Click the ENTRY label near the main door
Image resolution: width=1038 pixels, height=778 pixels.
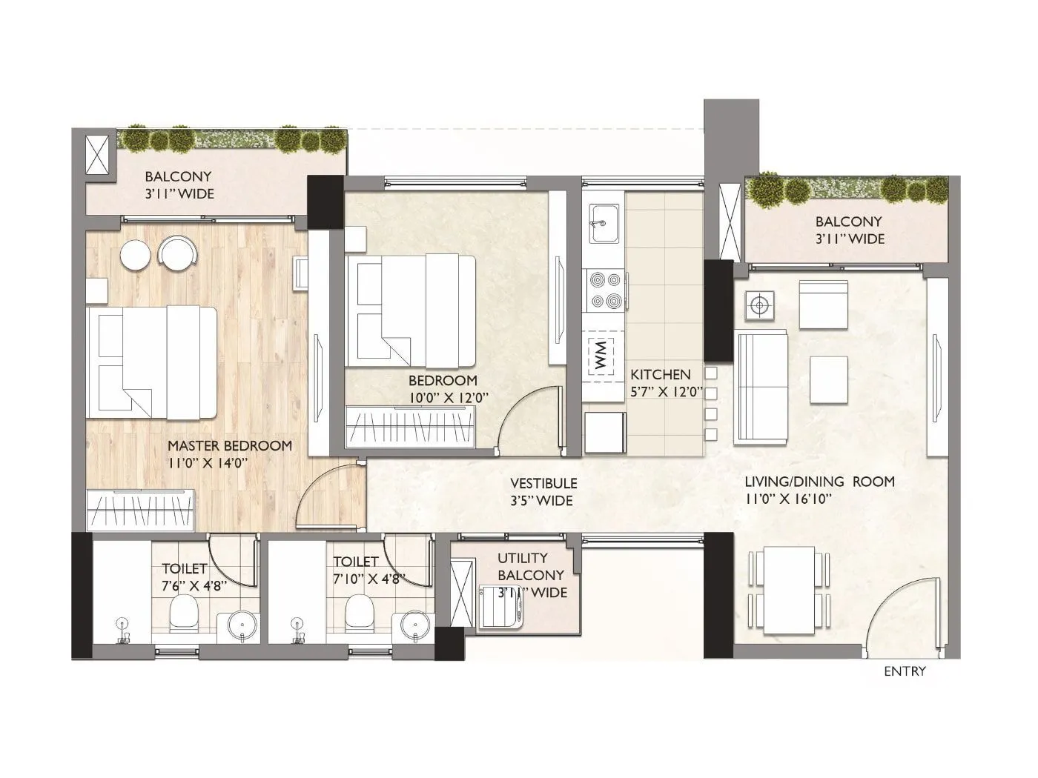click(x=905, y=672)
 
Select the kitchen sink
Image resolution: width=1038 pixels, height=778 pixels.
click(x=604, y=223)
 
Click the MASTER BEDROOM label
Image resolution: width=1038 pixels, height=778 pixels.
click(x=229, y=446)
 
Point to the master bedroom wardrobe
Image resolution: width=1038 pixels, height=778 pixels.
click(x=140, y=510)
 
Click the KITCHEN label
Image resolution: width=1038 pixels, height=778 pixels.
click(x=660, y=375)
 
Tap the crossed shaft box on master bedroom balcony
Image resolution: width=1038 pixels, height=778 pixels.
click(x=98, y=156)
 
